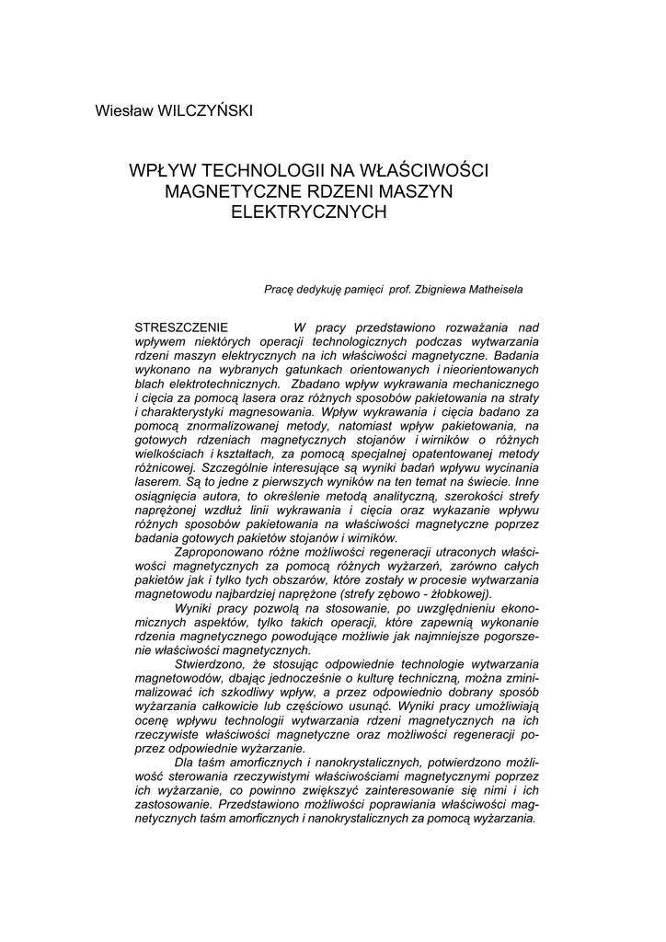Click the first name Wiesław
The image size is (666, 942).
coord(123,111)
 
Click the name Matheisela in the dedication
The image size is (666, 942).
coord(490,289)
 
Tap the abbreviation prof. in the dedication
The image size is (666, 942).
coord(398,289)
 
